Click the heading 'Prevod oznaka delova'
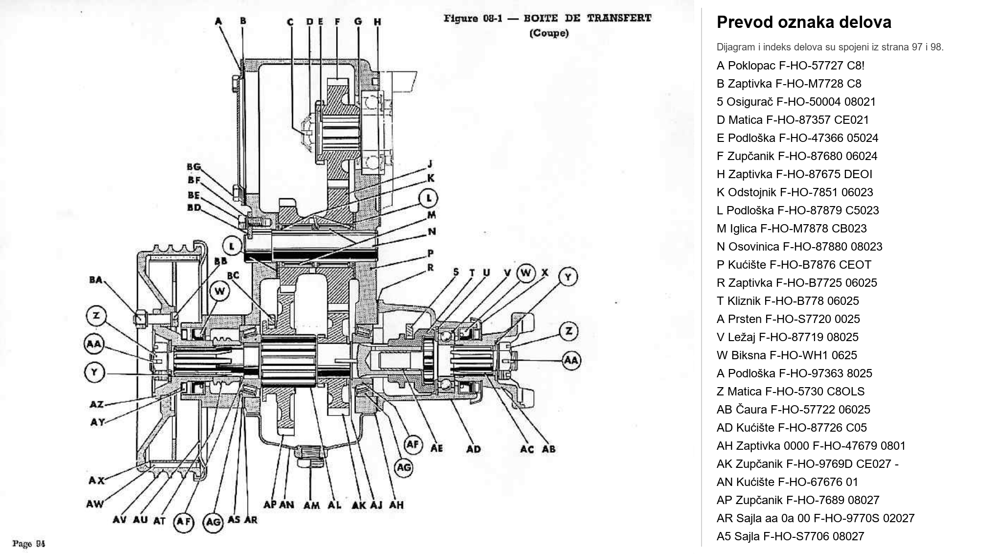tap(804, 23)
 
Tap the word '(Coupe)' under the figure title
tap(548, 33)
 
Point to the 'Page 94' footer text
tap(29, 543)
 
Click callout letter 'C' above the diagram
tap(290, 22)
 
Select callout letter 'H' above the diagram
tap(377, 22)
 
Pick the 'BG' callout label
tap(194, 166)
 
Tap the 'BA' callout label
tap(96, 280)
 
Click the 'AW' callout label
tap(95, 504)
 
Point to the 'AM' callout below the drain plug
tap(312, 505)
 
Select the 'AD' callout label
tap(473, 449)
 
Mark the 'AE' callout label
tap(436, 448)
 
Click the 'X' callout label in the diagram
tap(545, 273)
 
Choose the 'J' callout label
tap(430, 163)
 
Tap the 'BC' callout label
tap(233, 276)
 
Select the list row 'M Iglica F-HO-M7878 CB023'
tap(792, 229)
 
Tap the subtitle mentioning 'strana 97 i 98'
tap(830, 47)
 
